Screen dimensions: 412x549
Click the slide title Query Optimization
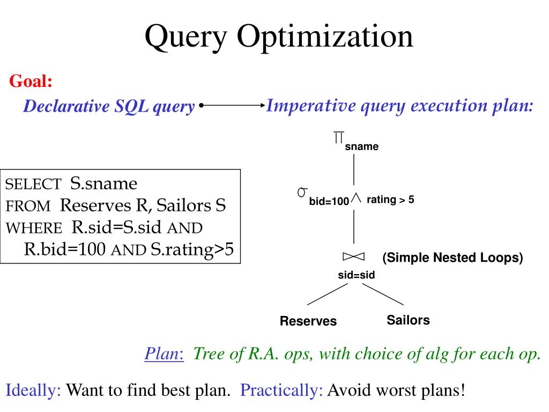pos(279,38)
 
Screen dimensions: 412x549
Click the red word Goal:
pos(31,82)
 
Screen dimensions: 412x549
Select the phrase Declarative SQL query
pos(108,107)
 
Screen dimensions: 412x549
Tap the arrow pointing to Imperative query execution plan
pos(233,106)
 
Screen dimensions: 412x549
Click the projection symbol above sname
pos(338,137)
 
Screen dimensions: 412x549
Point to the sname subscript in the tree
pos(361,146)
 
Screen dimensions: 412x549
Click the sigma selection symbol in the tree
pos(302,192)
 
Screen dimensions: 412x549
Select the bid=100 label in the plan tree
pos(329,202)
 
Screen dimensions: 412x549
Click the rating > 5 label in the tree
pos(390,200)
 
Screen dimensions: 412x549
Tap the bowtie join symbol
pos(354,256)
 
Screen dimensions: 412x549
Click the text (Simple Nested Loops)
pos(452,258)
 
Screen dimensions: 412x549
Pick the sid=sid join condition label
pos(356,275)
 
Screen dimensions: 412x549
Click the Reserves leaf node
pos(308,321)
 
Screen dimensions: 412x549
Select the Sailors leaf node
pos(408,320)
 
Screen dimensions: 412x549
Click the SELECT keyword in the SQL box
pos(33,185)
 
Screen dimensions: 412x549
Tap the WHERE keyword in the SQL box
pos(34,228)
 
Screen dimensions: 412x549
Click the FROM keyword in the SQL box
pos(28,207)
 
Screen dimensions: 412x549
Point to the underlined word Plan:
pos(164,355)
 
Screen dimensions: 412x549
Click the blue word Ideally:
pos(34,390)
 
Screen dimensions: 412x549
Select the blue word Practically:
pos(282,390)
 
